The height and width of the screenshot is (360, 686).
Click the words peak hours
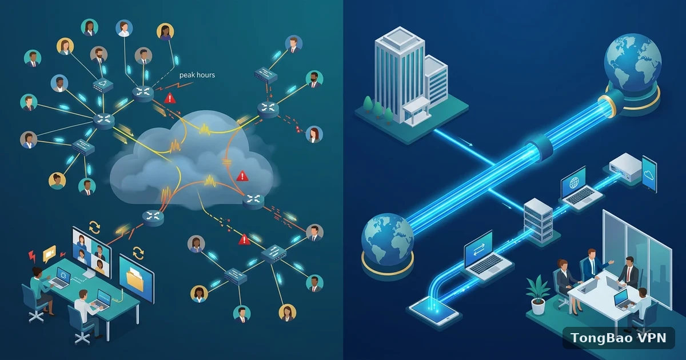tap(197, 75)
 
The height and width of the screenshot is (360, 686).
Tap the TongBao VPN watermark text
tap(619, 338)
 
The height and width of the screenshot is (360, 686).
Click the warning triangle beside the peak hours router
tap(170, 98)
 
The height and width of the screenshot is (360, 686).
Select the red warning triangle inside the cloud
tap(242, 176)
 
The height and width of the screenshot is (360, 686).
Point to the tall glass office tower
tap(400, 75)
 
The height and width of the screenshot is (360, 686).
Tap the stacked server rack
tap(538, 219)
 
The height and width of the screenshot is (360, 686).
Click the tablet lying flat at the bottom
tap(434, 311)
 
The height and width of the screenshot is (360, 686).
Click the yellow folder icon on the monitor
tap(135, 279)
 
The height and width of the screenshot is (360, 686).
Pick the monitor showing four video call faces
tap(91, 252)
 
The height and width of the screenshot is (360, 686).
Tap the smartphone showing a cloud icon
tap(649, 174)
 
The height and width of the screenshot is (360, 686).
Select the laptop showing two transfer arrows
tap(486, 256)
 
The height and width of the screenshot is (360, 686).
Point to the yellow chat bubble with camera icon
tap(49, 254)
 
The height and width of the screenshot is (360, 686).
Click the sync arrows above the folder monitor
tap(138, 254)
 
